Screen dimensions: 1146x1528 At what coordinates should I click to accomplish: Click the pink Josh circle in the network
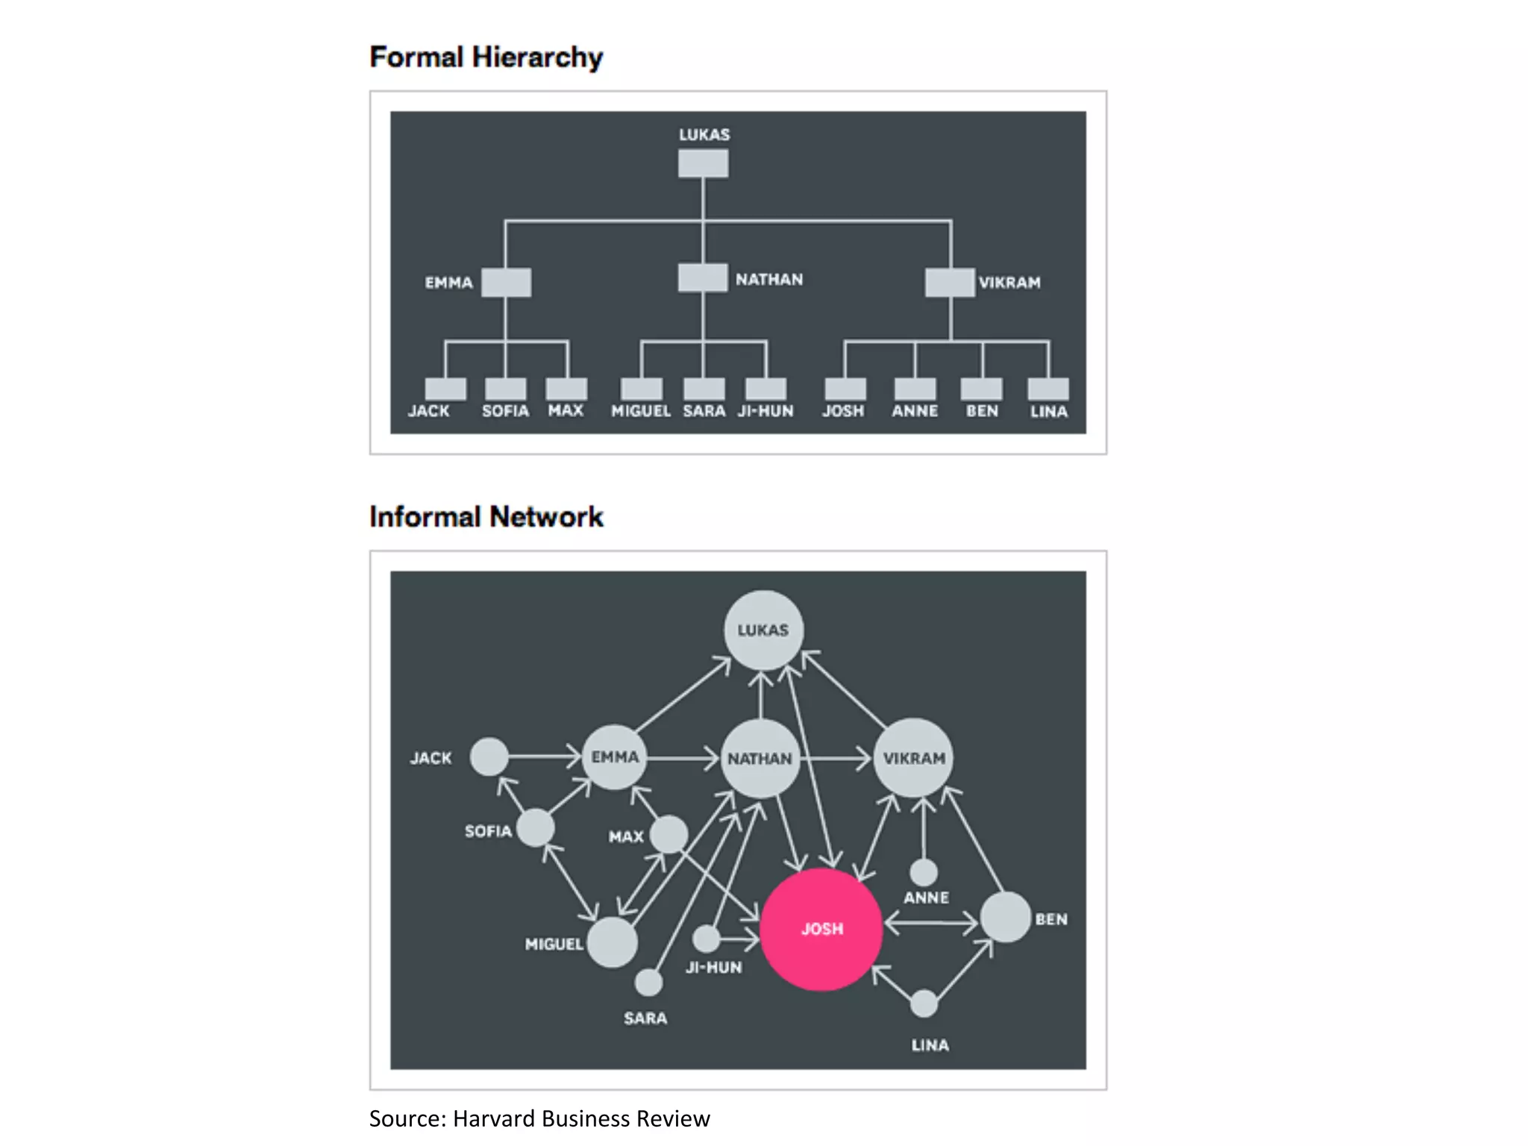click(x=821, y=929)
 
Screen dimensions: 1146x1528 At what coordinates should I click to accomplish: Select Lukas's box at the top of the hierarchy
click(x=703, y=163)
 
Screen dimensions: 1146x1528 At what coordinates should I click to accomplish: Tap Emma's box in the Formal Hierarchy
click(x=506, y=283)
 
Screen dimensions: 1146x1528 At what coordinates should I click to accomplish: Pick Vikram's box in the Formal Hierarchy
click(x=950, y=283)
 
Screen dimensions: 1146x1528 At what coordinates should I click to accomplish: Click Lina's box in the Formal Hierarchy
click(x=1048, y=389)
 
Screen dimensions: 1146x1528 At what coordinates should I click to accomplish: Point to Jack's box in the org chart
click(x=445, y=389)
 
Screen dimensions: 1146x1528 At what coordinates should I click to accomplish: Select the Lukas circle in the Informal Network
click(x=763, y=630)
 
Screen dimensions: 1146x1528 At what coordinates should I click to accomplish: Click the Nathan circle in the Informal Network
click(x=760, y=758)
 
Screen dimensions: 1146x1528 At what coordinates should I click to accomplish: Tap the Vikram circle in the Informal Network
click(x=913, y=758)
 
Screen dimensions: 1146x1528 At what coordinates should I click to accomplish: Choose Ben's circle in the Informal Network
click(x=1005, y=918)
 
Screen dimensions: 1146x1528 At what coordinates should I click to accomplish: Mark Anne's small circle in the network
click(x=924, y=871)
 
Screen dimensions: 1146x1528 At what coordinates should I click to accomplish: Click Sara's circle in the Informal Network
click(x=648, y=983)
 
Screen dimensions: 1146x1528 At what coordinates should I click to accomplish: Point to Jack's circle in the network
click(x=489, y=757)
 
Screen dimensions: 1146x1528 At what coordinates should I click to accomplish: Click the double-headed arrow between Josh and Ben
click(x=930, y=924)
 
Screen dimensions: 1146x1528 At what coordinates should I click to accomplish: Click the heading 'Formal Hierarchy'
click(x=486, y=57)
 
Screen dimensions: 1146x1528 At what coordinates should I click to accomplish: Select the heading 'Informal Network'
click(x=486, y=517)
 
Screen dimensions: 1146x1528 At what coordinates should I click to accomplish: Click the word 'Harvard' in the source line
click(x=494, y=1118)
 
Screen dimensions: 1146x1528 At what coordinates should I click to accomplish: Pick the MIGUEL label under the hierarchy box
click(x=641, y=411)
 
